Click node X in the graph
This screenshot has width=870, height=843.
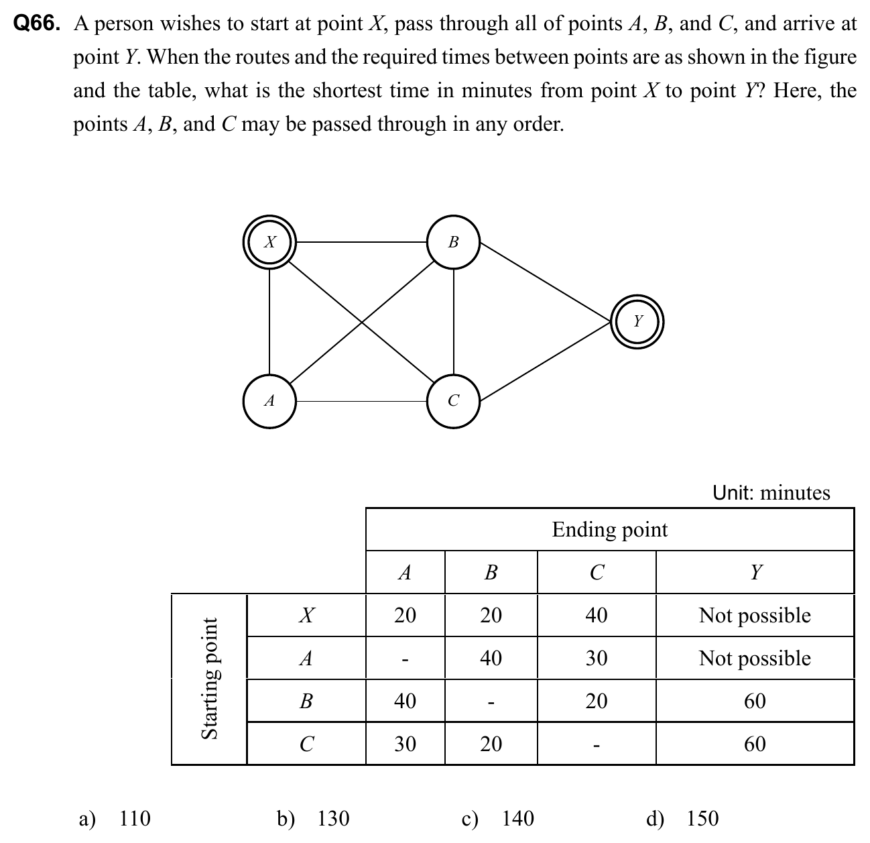(x=269, y=242)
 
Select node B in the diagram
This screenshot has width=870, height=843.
(x=454, y=242)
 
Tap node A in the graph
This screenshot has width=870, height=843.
(x=269, y=401)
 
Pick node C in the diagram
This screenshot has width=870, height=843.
(x=454, y=401)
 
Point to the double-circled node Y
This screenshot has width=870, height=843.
(x=637, y=321)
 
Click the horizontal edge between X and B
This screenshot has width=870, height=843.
(x=362, y=242)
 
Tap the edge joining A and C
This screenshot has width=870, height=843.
(x=362, y=401)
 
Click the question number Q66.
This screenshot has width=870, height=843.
(x=37, y=24)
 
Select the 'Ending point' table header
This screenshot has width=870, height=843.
(x=609, y=530)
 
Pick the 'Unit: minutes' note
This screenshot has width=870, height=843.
(x=771, y=493)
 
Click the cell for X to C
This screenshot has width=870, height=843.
(x=596, y=615)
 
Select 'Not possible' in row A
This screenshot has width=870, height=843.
(x=755, y=658)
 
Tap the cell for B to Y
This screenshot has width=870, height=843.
(x=755, y=701)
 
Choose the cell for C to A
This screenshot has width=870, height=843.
(x=405, y=744)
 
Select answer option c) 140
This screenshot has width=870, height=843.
(x=499, y=818)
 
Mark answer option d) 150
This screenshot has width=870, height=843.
(x=683, y=818)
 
